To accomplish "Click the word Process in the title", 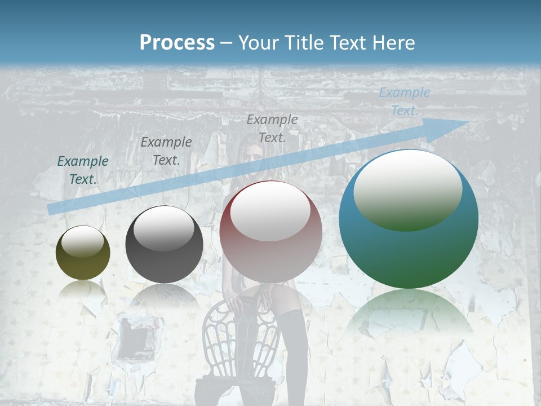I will click(x=177, y=42).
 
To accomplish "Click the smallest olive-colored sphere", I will click(x=83, y=253).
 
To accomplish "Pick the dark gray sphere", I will click(x=164, y=244).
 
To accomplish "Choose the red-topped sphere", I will click(x=271, y=231).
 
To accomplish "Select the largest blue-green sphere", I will click(x=409, y=219).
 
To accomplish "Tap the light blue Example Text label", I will click(x=404, y=101).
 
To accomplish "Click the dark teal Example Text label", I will click(x=83, y=170).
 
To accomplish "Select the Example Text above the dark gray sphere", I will click(x=166, y=151).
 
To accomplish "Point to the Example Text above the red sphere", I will click(x=272, y=128).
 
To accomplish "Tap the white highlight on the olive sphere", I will click(x=83, y=241).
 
